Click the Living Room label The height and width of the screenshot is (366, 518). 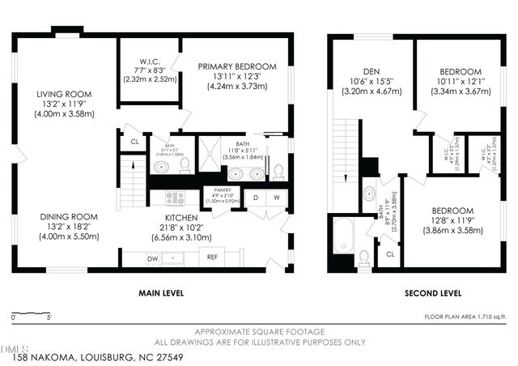click(64, 95)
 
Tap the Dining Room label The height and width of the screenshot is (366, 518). click(68, 217)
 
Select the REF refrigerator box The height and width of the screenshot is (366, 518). click(212, 257)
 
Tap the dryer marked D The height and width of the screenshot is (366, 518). click(255, 197)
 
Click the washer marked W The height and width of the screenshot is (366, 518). click(276, 197)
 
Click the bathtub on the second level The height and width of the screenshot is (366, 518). click(343, 234)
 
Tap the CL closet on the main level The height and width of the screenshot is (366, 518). click(134, 143)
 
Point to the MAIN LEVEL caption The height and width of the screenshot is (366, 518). click(159, 292)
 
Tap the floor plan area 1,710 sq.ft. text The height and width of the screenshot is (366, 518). click(467, 316)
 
